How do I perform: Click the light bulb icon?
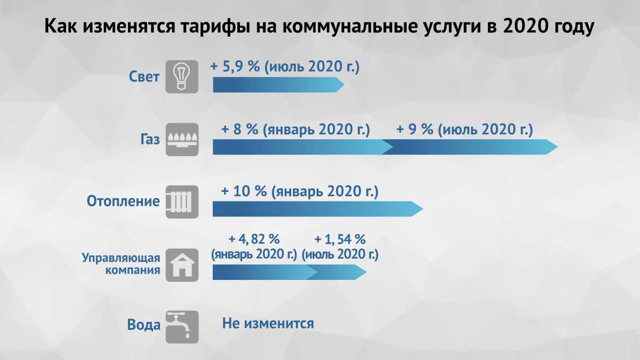point(182,77)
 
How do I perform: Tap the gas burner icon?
point(182,139)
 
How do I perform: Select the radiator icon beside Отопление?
point(182,202)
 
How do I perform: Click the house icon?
point(182,265)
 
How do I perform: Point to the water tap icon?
point(182,327)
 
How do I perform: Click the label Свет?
point(144,77)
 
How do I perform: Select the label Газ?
point(150,139)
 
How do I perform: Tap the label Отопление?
point(123,201)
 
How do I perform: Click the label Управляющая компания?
point(121,263)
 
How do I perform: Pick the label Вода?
point(143,325)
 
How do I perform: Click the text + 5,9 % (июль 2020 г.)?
point(285,67)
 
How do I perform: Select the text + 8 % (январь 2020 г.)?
point(295,130)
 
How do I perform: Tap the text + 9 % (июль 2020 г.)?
point(465,130)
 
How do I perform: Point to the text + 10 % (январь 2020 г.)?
point(300,191)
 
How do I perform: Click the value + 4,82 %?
point(254,239)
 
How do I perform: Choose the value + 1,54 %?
point(340,239)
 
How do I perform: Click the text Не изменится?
point(268,324)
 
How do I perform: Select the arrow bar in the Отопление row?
point(318,209)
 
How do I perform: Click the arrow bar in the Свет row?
point(278,85)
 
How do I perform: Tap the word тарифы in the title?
point(215,26)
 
